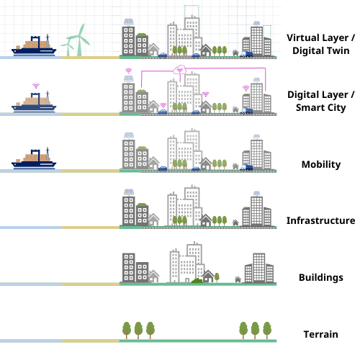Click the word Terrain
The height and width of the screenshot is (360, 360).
[x=320, y=334]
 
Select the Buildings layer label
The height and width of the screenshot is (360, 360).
[x=321, y=277]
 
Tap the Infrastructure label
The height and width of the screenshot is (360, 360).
[x=320, y=220]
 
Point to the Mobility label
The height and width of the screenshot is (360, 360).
[x=321, y=164]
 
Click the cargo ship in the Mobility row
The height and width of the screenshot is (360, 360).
[x=34, y=158]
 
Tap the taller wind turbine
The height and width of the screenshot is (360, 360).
[x=78, y=40]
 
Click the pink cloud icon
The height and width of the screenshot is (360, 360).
[x=180, y=70]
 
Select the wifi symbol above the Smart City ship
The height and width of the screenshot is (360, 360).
[x=36, y=86]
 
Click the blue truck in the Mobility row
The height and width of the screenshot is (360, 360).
[x=246, y=168]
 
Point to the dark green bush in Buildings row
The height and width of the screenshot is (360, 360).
[x=197, y=280]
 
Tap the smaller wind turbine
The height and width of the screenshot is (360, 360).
[x=68, y=48]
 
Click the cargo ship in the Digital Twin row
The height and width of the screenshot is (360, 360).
[x=34, y=45]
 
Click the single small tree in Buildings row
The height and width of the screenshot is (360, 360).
[x=217, y=277]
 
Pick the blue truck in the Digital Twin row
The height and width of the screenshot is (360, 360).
[x=246, y=54]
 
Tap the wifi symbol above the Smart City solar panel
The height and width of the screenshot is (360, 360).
[x=129, y=71]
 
